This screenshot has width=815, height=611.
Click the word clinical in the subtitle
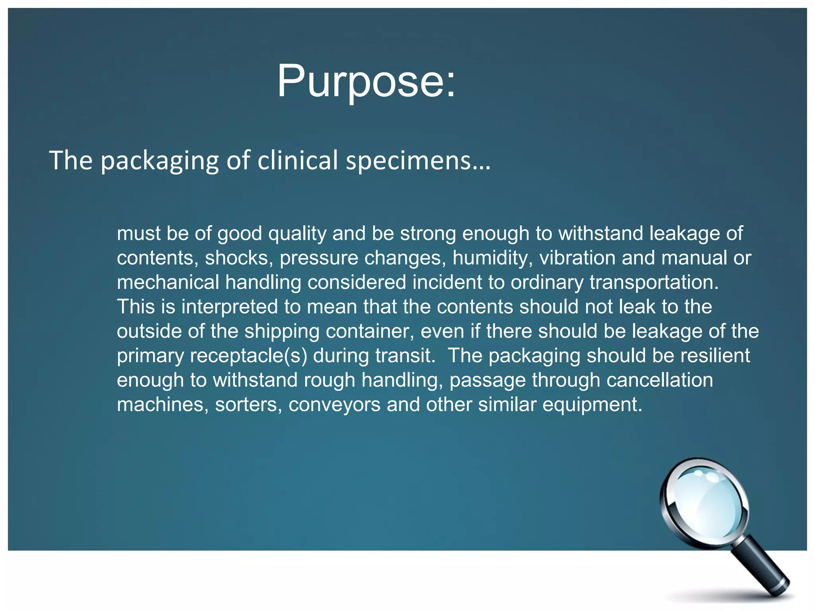tap(298, 160)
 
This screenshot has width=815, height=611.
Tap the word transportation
tap(654, 282)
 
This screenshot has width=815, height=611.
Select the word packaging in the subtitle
tap(160, 160)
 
